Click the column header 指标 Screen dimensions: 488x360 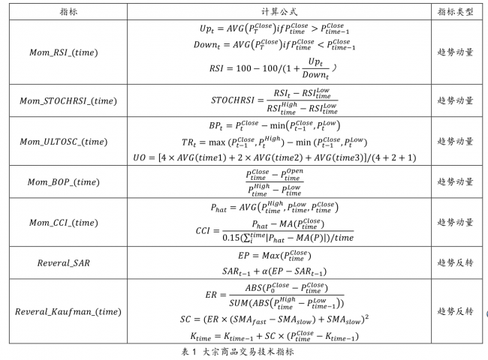[x=68, y=12]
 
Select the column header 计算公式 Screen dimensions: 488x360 [x=279, y=12]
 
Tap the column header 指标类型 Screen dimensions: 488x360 [x=455, y=12]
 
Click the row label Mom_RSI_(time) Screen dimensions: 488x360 [x=64, y=52]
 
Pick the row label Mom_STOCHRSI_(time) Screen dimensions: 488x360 [x=68, y=101]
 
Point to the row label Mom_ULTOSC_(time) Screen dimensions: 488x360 [x=64, y=142]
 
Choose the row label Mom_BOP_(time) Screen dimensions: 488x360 [x=64, y=181]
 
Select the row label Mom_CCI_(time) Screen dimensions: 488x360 [x=64, y=223]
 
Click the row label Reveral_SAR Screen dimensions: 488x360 [x=64, y=263]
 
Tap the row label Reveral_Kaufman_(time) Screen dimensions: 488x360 [x=68, y=311]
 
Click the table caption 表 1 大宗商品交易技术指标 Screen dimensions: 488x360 [x=237, y=352]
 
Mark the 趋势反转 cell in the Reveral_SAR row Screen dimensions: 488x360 [x=455, y=262]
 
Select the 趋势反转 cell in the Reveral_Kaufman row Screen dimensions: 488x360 [x=455, y=311]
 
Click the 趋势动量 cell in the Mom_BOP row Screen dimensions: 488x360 [x=455, y=181]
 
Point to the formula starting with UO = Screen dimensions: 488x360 [x=275, y=157]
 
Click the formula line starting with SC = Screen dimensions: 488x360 [x=274, y=319]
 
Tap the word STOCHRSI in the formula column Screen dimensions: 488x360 [x=233, y=100]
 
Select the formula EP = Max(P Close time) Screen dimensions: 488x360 [x=275, y=256]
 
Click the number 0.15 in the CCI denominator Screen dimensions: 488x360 [x=230, y=238]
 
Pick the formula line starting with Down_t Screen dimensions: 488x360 [x=274, y=44]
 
